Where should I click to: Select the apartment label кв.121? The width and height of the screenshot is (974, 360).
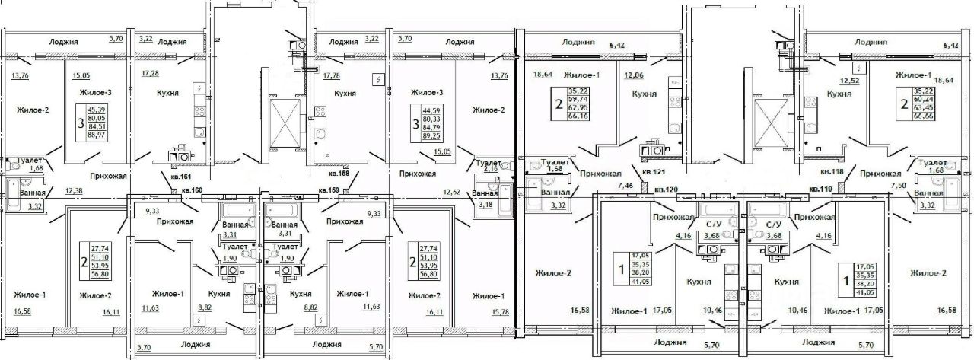coord(652,173)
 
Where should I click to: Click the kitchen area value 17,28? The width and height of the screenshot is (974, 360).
coord(143,74)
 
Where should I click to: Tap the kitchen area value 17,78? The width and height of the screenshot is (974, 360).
coord(333,75)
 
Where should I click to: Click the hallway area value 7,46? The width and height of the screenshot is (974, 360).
coord(625,185)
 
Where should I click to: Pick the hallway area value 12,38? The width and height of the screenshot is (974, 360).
coord(74,190)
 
